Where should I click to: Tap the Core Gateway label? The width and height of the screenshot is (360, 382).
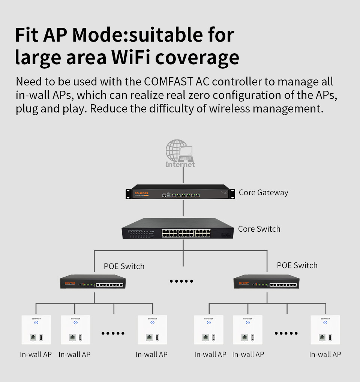click(263, 193)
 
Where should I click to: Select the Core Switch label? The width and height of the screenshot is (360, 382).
click(259, 229)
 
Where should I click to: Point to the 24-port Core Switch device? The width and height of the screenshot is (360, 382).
click(178, 228)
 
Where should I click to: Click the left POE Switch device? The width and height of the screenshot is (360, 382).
click(93, 282)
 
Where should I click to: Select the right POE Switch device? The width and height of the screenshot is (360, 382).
click(266, 282)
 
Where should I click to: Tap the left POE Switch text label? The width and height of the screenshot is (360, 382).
click(124, 267)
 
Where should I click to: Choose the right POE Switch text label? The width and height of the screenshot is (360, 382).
click(297, 265)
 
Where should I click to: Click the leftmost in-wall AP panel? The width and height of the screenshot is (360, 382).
click(36, 330)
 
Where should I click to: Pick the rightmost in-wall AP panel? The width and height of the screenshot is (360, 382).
click(325, 330)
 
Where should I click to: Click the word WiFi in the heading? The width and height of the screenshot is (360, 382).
click(131, 57)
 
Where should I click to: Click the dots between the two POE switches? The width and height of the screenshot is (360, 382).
click(181, 281)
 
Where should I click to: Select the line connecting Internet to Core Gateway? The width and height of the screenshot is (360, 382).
click(183, 176)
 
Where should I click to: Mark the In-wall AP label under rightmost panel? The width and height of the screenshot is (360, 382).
click(325, 354)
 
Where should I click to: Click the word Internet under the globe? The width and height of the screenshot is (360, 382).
click(180, 164)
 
